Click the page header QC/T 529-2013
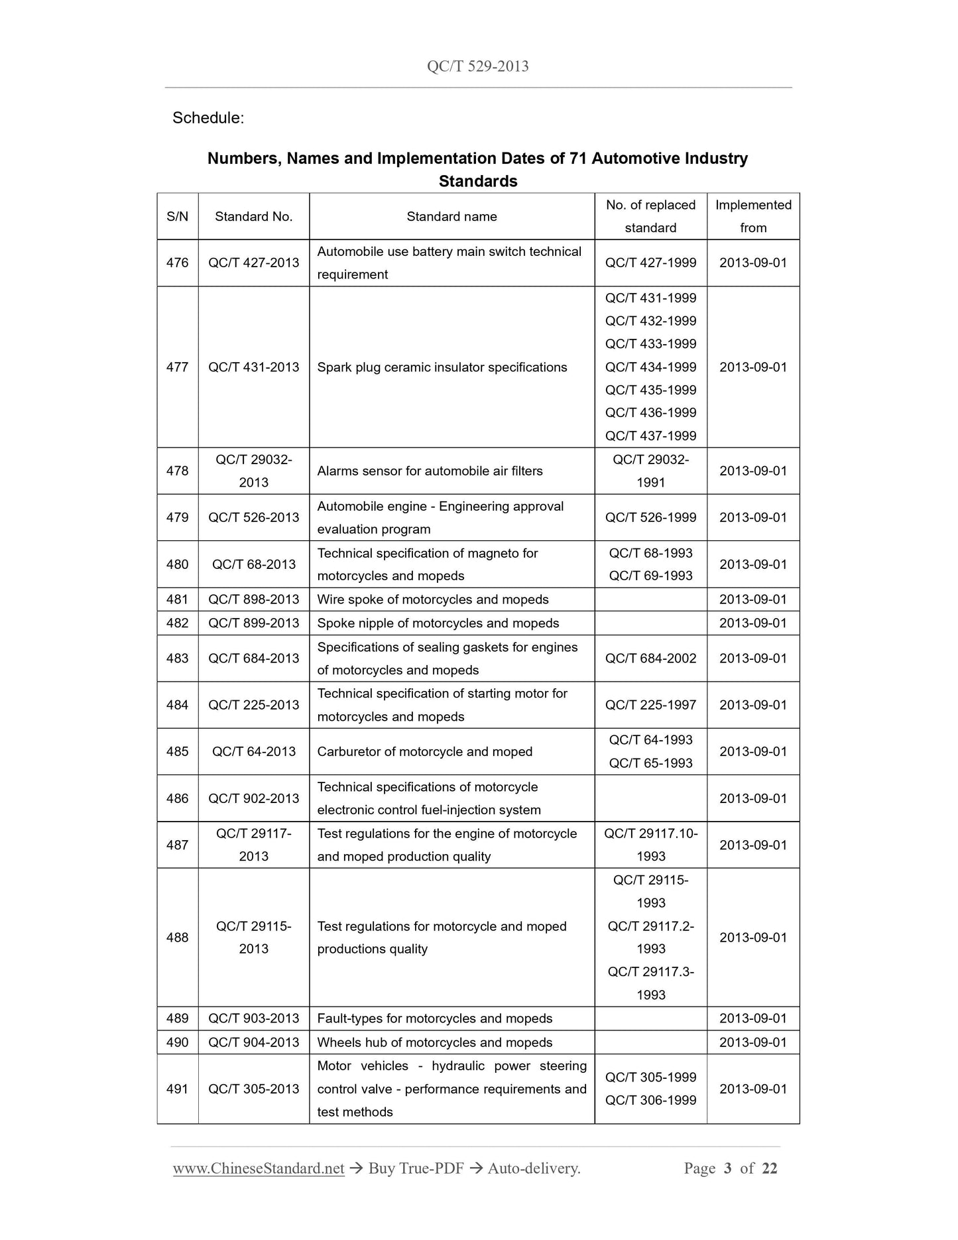click(478, 66)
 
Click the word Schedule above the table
click(208, 118)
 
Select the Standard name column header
click(451, 217)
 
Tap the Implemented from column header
click(753, 216)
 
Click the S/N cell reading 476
click(178, 263)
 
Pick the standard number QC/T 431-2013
click(254, 367)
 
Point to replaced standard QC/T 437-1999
click(650, 436)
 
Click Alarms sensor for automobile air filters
click(430, 471)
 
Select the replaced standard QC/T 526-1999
click(650, 517)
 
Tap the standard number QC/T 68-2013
click(254, 564)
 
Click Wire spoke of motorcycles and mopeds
click(433, 599)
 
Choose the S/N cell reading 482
click(178, 623)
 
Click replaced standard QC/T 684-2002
click(650, 658)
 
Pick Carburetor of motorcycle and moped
click(425, 752)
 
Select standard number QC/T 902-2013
click(254, 798)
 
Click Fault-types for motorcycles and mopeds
click(435, 1019)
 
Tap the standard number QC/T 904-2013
click(254, 1042)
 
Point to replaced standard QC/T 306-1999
click(650, 1101)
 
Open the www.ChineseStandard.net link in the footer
click(259, 1168)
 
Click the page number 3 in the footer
click(728, 1168)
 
